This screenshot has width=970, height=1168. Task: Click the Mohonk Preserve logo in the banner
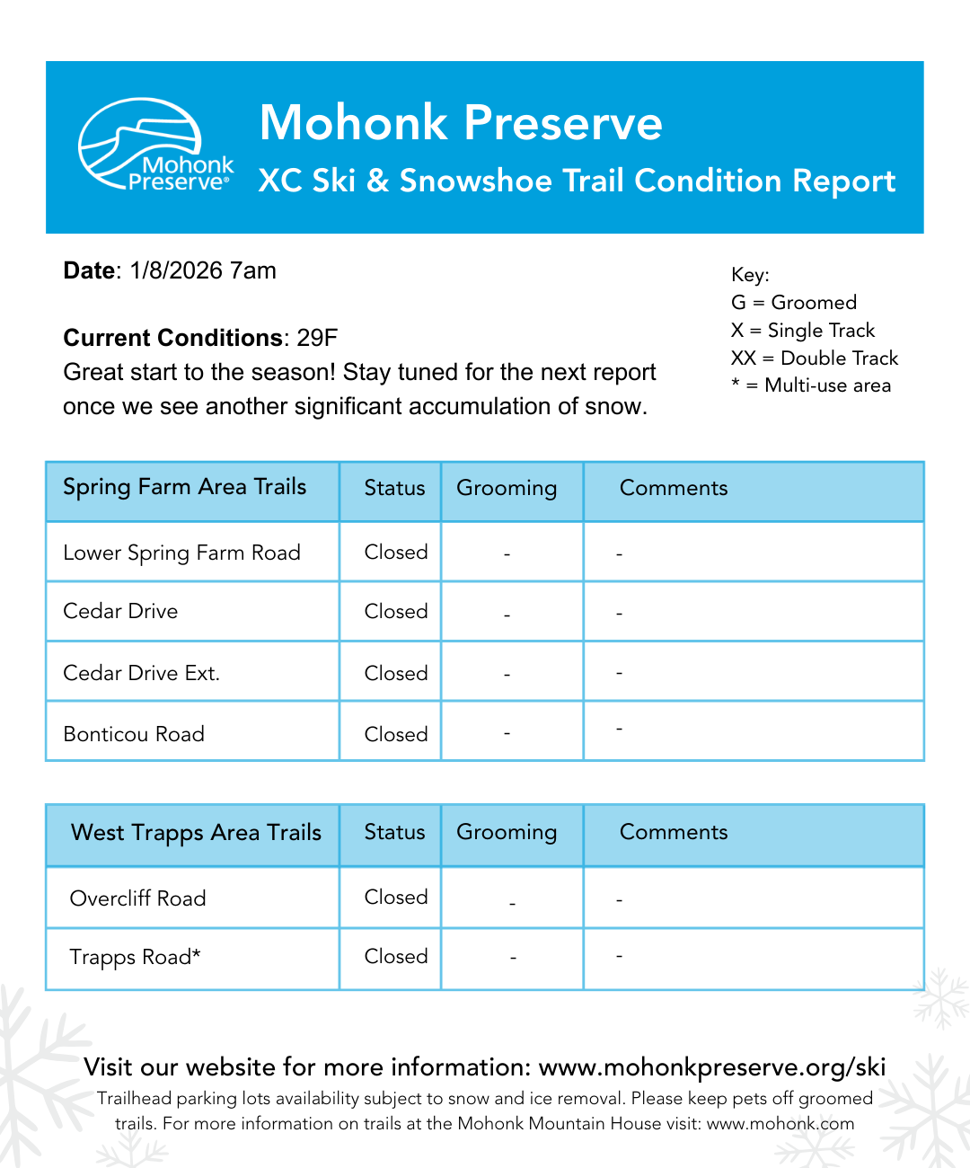click(x=154, y=146)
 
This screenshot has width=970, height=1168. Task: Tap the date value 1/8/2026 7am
click(x=203, y=270)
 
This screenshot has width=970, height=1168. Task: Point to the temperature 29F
click(x=317, y=338)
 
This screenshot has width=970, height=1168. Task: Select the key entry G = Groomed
click(x=794, y=302)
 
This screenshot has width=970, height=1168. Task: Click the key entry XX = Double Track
click(x=815, y=358)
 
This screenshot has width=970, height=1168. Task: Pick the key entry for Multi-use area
click(x=811, y=385)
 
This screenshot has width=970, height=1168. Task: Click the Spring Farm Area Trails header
click(x=185, y=487)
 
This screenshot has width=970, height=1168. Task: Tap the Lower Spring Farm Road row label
click(x=181, y=553)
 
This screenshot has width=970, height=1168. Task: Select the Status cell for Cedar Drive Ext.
click(x=395, y=673)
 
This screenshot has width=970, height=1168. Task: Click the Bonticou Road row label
click(x=134, y=734)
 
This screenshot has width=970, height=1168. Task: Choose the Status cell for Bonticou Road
click(x=395, y=734)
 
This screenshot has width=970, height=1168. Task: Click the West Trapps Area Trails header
click(x=196, y=833)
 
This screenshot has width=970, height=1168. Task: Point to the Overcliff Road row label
click(x=137, y=898)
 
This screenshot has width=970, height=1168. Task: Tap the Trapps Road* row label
click(x=135, y=957)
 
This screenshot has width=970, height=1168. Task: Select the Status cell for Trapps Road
click(x=395, y=956)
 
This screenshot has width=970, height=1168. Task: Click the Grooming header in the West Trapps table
click(x=507, y=833)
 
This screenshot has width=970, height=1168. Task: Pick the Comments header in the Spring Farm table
click(x=674, y=488)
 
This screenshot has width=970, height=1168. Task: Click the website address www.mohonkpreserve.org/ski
click(x=712, y=1067)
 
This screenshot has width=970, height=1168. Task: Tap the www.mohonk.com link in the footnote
click(x=780, y=1123)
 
